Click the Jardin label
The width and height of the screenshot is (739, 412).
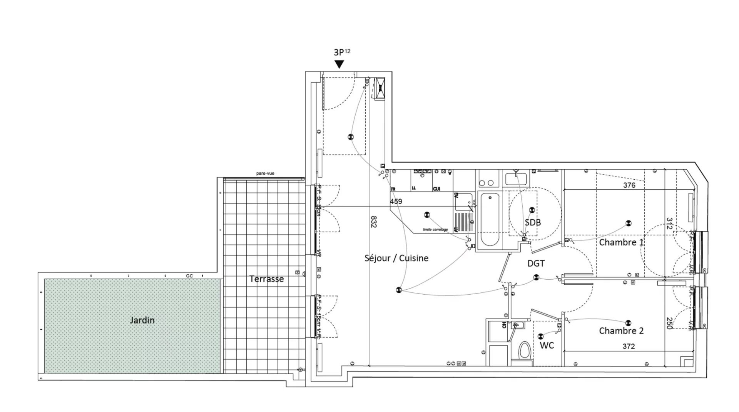(x=142, y=320)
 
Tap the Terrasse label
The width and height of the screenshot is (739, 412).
(x=266, y=279)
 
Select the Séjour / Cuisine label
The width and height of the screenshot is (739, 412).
(x=396, y=258)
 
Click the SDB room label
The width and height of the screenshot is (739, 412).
(x=533, y=222)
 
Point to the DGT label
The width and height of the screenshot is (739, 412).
(x=536, y=264)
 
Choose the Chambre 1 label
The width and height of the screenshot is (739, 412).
(x=621, y=242)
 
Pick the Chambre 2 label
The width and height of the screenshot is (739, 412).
(x=621, y=330)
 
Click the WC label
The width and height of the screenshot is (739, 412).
(x=547, y=345)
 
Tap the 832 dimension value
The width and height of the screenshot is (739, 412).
(x=373, y=222)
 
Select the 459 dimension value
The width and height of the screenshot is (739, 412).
(x=396, y=201)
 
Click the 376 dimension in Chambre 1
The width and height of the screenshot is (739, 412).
(x=629, y=185)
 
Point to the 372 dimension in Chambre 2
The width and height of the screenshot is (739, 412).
(x=628, y=346)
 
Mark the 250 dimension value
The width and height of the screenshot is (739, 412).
(x=669, y=323)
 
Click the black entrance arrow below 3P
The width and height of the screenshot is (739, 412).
(x=339, y=64)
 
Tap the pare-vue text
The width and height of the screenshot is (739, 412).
(x=265, y=173)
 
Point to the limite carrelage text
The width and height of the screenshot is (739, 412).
(x=435, y=230)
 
